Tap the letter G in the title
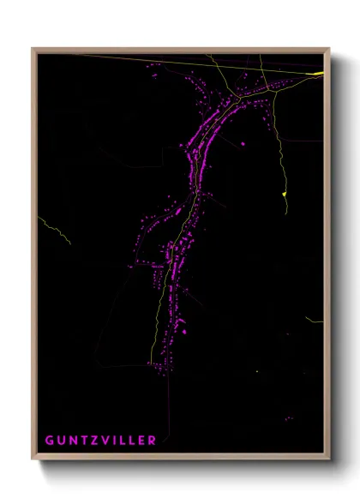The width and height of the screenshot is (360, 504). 49,440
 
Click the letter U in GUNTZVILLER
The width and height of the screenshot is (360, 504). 60,440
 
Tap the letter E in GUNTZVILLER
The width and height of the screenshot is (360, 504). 141,440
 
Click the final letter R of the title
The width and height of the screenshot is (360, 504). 152,440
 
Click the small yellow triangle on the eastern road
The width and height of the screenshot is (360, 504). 284,195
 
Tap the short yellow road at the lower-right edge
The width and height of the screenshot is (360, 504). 315,321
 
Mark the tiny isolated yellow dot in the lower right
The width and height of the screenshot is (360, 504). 256,371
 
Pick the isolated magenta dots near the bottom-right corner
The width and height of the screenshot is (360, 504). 289,418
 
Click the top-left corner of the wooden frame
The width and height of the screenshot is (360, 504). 33,49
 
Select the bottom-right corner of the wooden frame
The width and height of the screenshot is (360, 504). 328,459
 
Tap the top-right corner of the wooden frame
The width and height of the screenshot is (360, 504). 328,49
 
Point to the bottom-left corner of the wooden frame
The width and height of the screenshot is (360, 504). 33,459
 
